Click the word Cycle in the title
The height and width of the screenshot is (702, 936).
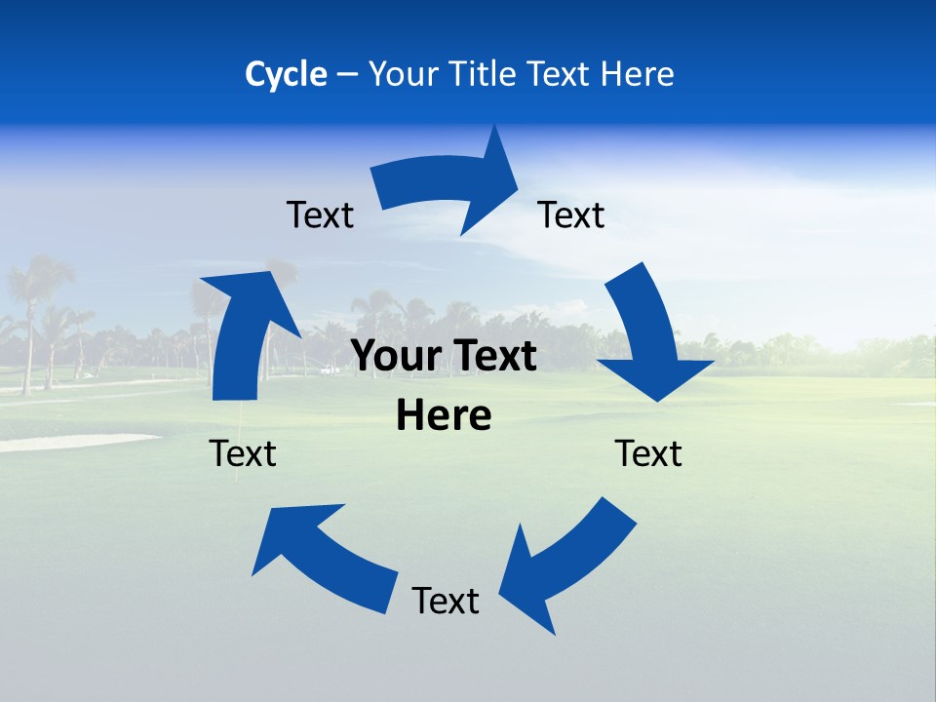coord(286,74)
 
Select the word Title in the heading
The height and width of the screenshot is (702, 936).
coord(484,74)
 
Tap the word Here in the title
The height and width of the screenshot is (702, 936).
coord(638,74)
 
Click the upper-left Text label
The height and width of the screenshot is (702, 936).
coord(320,214)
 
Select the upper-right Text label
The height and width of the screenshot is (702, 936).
coord(571,214)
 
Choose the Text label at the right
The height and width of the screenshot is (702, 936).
coord(648,453)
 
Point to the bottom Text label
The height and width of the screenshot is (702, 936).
coord(446,601)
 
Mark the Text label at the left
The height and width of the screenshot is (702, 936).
coord(243,453)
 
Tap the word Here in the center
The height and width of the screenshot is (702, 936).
coord(444,416)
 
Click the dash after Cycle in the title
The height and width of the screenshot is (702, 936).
coord(346,74)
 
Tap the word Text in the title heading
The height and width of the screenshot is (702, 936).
coord(560,74)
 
